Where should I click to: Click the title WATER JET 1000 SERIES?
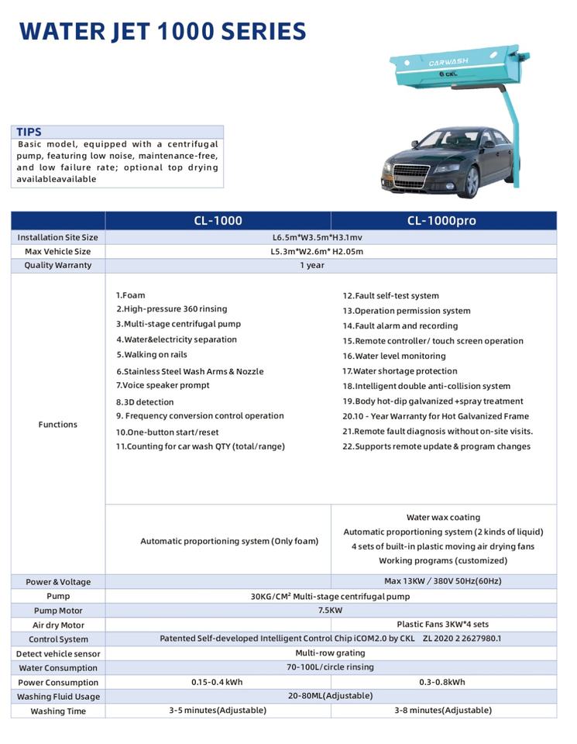163,31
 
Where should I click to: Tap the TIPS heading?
29,133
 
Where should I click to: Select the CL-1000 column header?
218,221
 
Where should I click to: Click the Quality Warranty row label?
58,265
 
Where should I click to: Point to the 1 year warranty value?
312,265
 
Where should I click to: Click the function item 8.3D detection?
145,402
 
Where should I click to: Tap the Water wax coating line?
443,518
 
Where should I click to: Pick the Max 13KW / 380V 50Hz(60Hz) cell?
443,582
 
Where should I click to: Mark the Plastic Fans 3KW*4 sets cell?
442,625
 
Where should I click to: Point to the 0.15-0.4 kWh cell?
218,682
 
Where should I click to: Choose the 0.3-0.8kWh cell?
442,682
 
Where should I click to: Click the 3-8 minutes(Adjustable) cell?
442,711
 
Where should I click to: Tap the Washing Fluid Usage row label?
58,697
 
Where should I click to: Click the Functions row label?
58,425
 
